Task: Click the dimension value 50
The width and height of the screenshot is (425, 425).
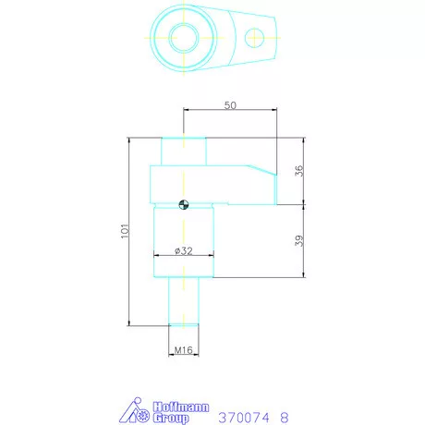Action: (230, 105)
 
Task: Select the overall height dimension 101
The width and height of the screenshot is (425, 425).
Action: (125, 231)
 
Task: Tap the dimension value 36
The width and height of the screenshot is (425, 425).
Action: (299, 171)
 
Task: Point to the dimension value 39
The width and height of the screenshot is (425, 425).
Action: (299, 240)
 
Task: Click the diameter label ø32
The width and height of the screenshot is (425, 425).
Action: (184, 251)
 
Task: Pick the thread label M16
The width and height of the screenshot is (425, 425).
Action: (183, 350)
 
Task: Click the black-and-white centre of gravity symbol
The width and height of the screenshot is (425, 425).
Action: (184, 204)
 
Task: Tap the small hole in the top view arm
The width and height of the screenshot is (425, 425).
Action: (254, 38)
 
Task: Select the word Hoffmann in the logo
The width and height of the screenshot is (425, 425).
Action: (181, 407)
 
